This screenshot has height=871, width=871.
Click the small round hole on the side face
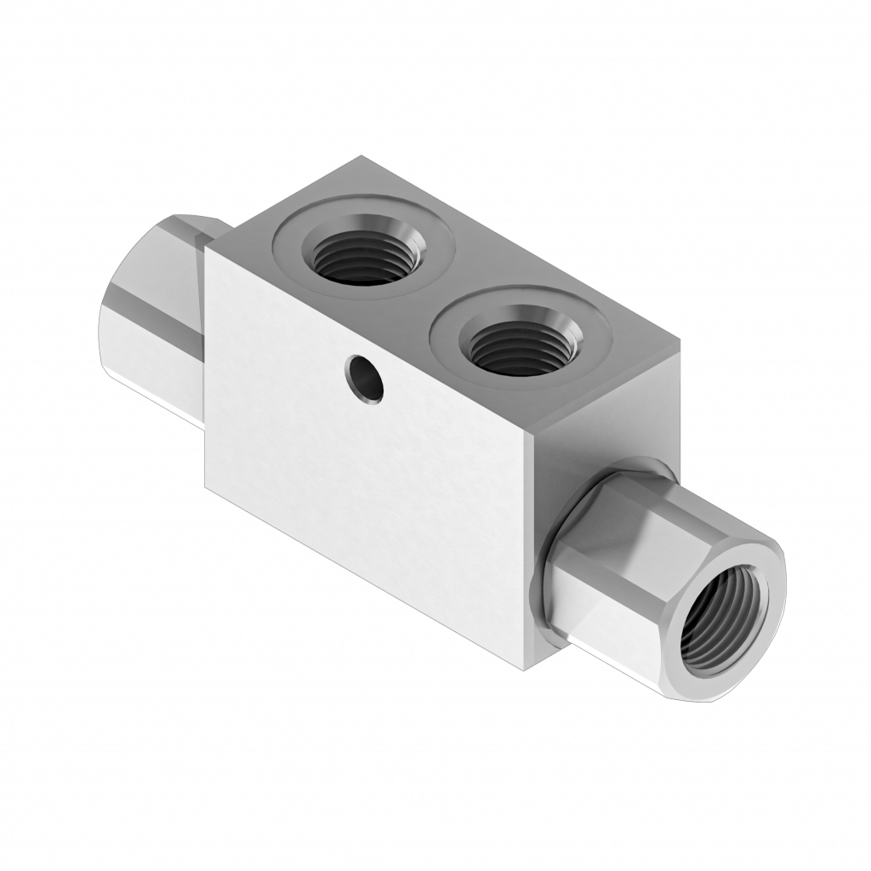[x=365, y=378]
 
